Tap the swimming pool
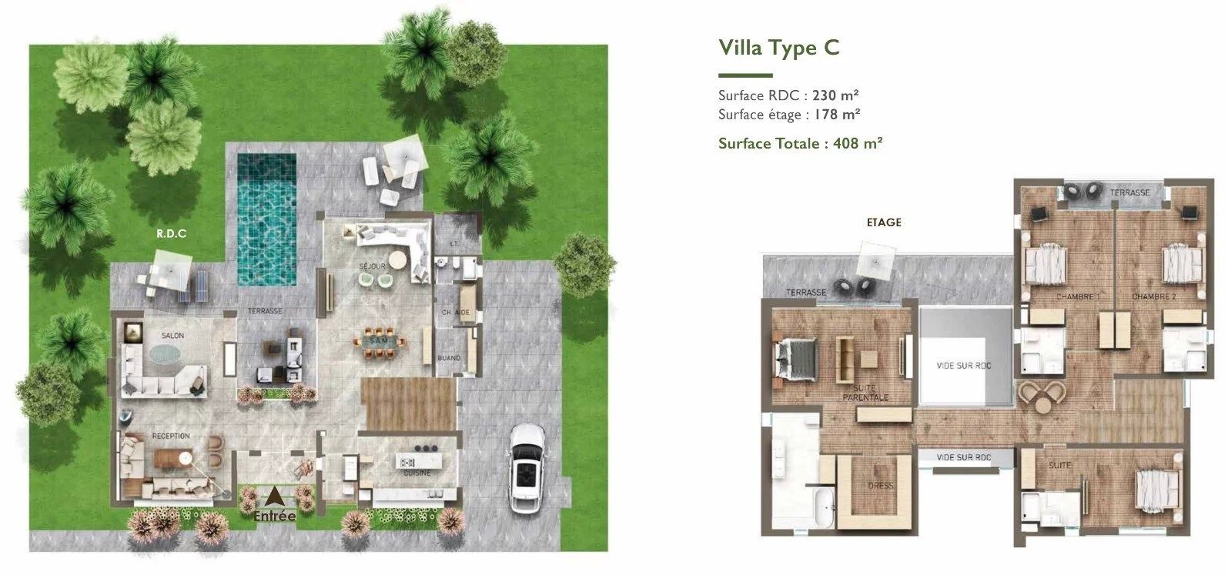(266, 218)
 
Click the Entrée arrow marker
(274, 497)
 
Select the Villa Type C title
(778, 48)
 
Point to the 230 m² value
(835, 95)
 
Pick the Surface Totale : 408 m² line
(800, 143)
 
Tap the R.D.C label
(172, 234)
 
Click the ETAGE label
(883, 222)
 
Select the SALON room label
(172, 336)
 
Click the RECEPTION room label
(171, 436)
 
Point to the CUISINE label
(417, 473)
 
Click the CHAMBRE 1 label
(1077, 297)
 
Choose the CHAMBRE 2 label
(1153, 297)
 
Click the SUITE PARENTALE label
(865, 393)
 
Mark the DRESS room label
(880, 486)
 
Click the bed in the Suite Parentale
(794, 359)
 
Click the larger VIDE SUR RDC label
(963, 366)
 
